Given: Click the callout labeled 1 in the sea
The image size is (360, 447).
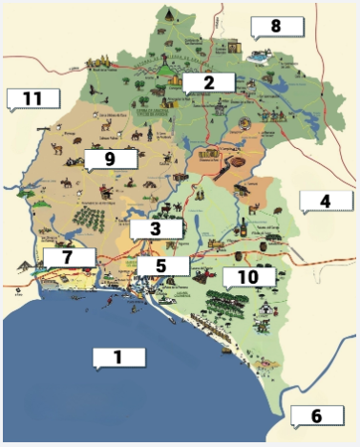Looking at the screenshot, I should click(x=119, y=357).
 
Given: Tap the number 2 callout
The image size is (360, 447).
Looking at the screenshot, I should click(x=207, y=82).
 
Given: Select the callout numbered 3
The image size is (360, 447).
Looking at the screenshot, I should click(x=155, y=228).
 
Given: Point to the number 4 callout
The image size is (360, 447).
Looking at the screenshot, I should click(x=324, y=201).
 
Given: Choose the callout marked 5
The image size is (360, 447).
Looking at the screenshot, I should click(x=161, y=265).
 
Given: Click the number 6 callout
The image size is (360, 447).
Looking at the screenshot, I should click(x=316, y=415).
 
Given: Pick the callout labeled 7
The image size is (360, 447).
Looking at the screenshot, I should click(x=69, y=257).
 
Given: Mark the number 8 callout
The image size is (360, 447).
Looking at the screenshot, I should click(x=275, y=26).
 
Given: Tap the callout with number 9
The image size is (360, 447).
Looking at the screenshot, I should click(x=110, y=159).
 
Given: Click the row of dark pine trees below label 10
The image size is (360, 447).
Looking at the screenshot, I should click(x=230, y=303).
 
